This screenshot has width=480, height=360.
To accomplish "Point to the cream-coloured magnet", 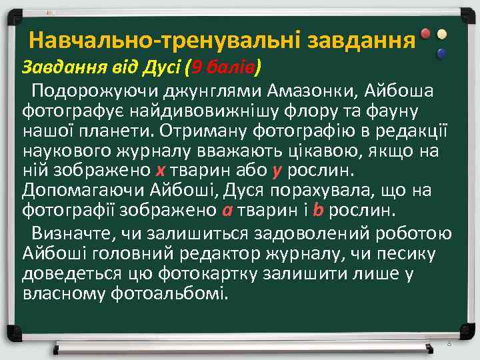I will [441, 34].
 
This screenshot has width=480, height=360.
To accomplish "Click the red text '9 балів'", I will [225, 67].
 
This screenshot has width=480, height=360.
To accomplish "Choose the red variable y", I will [277, 171].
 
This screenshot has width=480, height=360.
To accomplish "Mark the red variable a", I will [227, 212].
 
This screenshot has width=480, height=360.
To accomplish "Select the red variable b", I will [318, 212].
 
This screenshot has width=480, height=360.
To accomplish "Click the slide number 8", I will [449, 343].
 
